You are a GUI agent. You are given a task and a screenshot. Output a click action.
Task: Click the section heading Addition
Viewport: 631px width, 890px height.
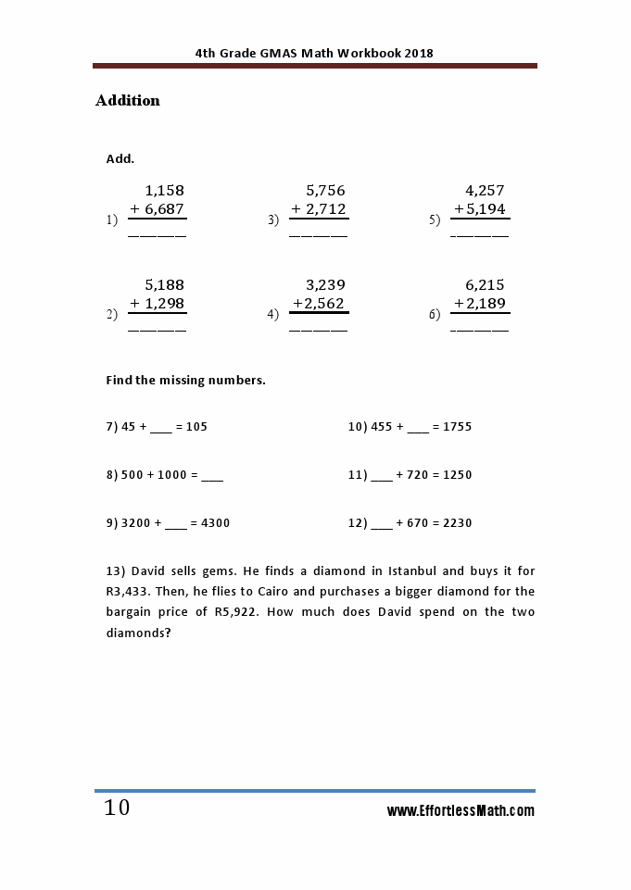pos(128,101)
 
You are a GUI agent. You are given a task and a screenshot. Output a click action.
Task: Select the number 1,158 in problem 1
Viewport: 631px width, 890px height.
pos(165,191)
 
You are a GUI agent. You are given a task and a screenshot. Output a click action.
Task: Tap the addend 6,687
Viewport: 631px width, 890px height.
pos(165,209)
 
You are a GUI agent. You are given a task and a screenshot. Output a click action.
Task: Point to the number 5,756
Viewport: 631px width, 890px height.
pos(325,191)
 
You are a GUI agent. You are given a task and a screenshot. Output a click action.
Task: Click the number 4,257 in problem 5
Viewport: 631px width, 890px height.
pos(485,191)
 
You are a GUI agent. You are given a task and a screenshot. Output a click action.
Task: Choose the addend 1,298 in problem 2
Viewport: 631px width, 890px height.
pos(165,304)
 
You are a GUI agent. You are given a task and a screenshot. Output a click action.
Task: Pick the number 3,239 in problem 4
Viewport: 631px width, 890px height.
pos(325,285)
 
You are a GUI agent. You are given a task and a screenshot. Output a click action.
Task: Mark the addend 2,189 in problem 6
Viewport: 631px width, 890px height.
pos(486,304)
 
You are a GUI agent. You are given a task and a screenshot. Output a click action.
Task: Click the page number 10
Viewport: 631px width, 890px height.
pos(118,808)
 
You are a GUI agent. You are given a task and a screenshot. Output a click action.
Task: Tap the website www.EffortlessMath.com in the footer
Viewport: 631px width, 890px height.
pos(461,811)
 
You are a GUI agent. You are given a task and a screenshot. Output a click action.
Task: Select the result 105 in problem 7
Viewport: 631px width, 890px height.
pos(196,427)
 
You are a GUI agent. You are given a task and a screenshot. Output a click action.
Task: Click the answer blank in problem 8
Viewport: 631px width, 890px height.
pos(212,476)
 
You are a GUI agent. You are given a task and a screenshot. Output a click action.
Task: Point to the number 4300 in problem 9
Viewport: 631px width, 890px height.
pos(215,523)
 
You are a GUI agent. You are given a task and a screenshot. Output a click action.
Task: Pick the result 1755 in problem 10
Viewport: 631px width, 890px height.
pos(458,427)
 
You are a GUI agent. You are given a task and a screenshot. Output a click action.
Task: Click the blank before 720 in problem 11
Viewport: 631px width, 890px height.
pos(381,476)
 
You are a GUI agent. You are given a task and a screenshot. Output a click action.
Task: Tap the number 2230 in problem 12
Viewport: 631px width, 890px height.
pos(458,523)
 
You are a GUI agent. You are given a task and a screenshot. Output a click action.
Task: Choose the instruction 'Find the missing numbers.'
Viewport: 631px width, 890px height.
pos(186,381)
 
